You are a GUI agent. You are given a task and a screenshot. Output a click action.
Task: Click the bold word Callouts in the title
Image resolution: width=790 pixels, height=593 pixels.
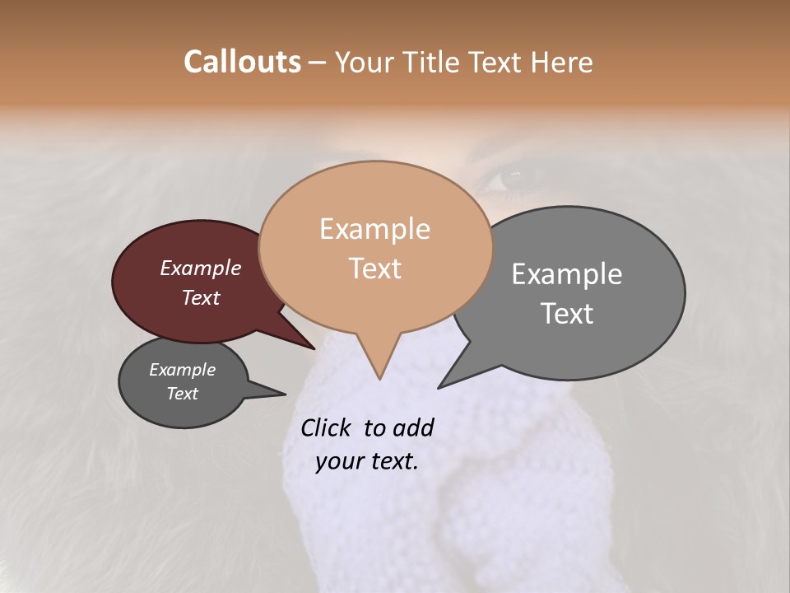[242, 62]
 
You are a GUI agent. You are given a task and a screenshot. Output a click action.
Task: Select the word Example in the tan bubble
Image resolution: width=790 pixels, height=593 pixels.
[374, 229]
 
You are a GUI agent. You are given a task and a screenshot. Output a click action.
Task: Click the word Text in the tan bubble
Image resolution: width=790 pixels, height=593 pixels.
[374, 268]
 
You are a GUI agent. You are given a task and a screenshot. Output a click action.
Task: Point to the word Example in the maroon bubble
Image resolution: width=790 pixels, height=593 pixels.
[201, 268]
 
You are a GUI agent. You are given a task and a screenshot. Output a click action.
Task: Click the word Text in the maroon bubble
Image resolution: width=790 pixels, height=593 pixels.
[201, 297]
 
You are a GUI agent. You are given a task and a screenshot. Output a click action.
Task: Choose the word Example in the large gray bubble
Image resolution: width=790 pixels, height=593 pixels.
[567, 274]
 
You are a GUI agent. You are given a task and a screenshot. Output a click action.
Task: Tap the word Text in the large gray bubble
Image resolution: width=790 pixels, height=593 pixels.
[567, 314]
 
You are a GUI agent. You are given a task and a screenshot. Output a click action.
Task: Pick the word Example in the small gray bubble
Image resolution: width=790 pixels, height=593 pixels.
[183, 370]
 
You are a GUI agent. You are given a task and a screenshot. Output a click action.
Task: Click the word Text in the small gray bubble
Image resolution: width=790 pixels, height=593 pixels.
[183, 394]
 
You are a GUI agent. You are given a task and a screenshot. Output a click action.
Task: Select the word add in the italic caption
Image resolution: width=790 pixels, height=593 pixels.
[413, 427]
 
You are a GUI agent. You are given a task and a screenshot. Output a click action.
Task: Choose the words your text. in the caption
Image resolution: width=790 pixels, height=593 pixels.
[366, 461]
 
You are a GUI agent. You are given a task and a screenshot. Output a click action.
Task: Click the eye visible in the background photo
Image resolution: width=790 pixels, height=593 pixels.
[513, 175]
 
